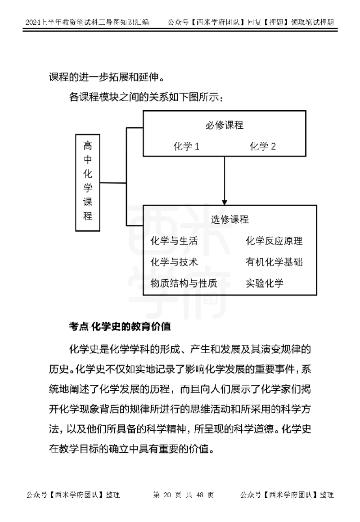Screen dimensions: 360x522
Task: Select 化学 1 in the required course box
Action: point(186,146)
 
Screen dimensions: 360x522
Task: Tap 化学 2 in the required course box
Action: point(262,146)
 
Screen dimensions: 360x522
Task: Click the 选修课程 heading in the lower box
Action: point(229,220)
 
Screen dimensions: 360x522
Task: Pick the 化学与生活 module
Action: point(174,241)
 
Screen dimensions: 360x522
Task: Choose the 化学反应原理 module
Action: point(274,241)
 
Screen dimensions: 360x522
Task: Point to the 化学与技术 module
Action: point(174,262)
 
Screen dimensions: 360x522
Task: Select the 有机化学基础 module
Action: point(274,262)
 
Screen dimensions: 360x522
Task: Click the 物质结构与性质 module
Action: point(184,283)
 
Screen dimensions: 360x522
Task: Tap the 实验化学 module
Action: point(265,283)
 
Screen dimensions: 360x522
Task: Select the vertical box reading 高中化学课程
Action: point(88,182)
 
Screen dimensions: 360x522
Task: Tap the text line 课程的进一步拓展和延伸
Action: point(106,77)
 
